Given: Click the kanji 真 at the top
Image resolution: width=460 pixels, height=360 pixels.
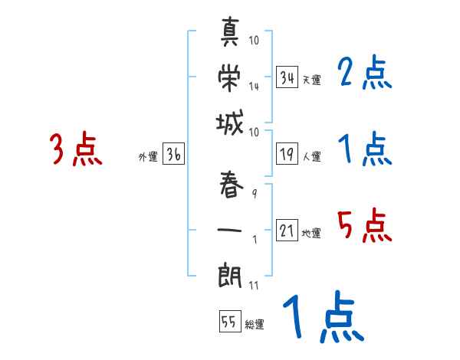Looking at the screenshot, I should click(x=230, y=34).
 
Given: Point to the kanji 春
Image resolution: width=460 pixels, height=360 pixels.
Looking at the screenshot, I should click(x=230, y=185).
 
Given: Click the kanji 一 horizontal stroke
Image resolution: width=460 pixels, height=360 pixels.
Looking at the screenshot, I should click(x=230, y=229).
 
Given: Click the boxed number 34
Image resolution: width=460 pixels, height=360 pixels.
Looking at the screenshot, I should click(x=287, y=77).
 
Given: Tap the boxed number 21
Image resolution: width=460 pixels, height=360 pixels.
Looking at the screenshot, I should click(x=287, y=231).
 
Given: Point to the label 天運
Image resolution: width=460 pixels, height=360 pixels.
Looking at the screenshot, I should click(x=311, y=80).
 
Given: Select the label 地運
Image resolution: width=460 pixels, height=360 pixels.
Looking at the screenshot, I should click(x=311, y=234).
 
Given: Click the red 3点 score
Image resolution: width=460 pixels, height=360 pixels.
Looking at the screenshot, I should click(x=76, y=149).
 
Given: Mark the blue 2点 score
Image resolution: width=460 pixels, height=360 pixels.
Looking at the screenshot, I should click(x=365, y=73).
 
